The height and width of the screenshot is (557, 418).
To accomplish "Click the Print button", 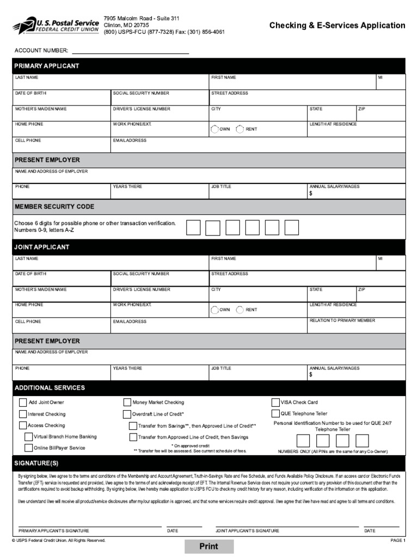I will pyautogui.click(x=209, y=547).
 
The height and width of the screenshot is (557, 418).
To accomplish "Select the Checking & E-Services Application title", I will pyautogui.click(x=337, y=25).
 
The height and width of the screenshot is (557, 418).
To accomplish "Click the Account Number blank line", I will pyautogui.click(x=131, y=51).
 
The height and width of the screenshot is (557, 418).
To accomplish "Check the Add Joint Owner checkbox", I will pyautogui.click(x=23, y=403).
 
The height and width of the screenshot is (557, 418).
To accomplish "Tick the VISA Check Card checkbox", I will pyautogui.click(x=275, y=403).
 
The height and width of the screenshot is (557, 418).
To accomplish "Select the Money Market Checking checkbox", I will pyautogui.click(x=128, y=403).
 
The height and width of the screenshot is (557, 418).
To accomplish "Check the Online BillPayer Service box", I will pyautogui.click(x=29, y=448).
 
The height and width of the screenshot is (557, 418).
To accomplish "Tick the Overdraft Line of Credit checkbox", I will pyautogui.click(x=128, y=414).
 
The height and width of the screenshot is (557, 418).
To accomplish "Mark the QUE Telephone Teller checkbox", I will pyautogui.click(x=275, y=414).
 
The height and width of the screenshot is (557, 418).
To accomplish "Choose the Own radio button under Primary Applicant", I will pyautogui.click(x=214, y=129).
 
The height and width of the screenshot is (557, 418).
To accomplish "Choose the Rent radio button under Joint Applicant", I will pyautogui.click(x=240, y=310).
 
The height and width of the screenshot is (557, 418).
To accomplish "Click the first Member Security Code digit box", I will pyautogui.click(x=193, y=227).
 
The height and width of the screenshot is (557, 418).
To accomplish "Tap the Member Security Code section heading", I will pyautogui.click(x=54, y=207).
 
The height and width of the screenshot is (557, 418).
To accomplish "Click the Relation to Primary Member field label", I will pyautogui.click(x=342, y=320).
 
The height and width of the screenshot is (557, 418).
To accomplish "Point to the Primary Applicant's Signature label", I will pyautogui.click(x=54, y=530).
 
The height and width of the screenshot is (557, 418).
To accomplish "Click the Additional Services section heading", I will pyautogui.click(x=50, y=388).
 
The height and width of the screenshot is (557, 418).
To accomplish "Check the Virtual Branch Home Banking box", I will pyautogui.click(x=29, y=437).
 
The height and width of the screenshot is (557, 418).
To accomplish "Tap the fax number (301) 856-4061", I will pyautogui.click(x=206, y=32).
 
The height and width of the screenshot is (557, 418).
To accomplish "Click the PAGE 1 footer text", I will pyautogui.click(x=398, y=541).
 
